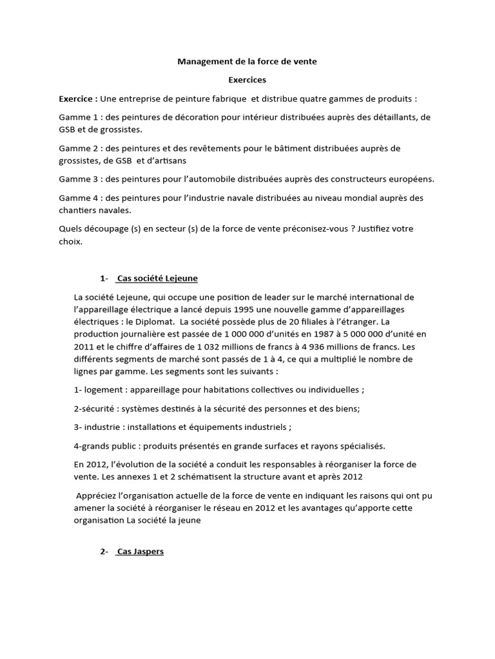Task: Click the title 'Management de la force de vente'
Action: [247, 62]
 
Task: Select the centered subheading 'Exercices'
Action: [247, 80]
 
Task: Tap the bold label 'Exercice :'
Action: [78, 99]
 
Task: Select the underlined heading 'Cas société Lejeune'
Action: [157, 279]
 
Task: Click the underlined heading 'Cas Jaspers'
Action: [140, 552]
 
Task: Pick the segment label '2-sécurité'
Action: [97, 409]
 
